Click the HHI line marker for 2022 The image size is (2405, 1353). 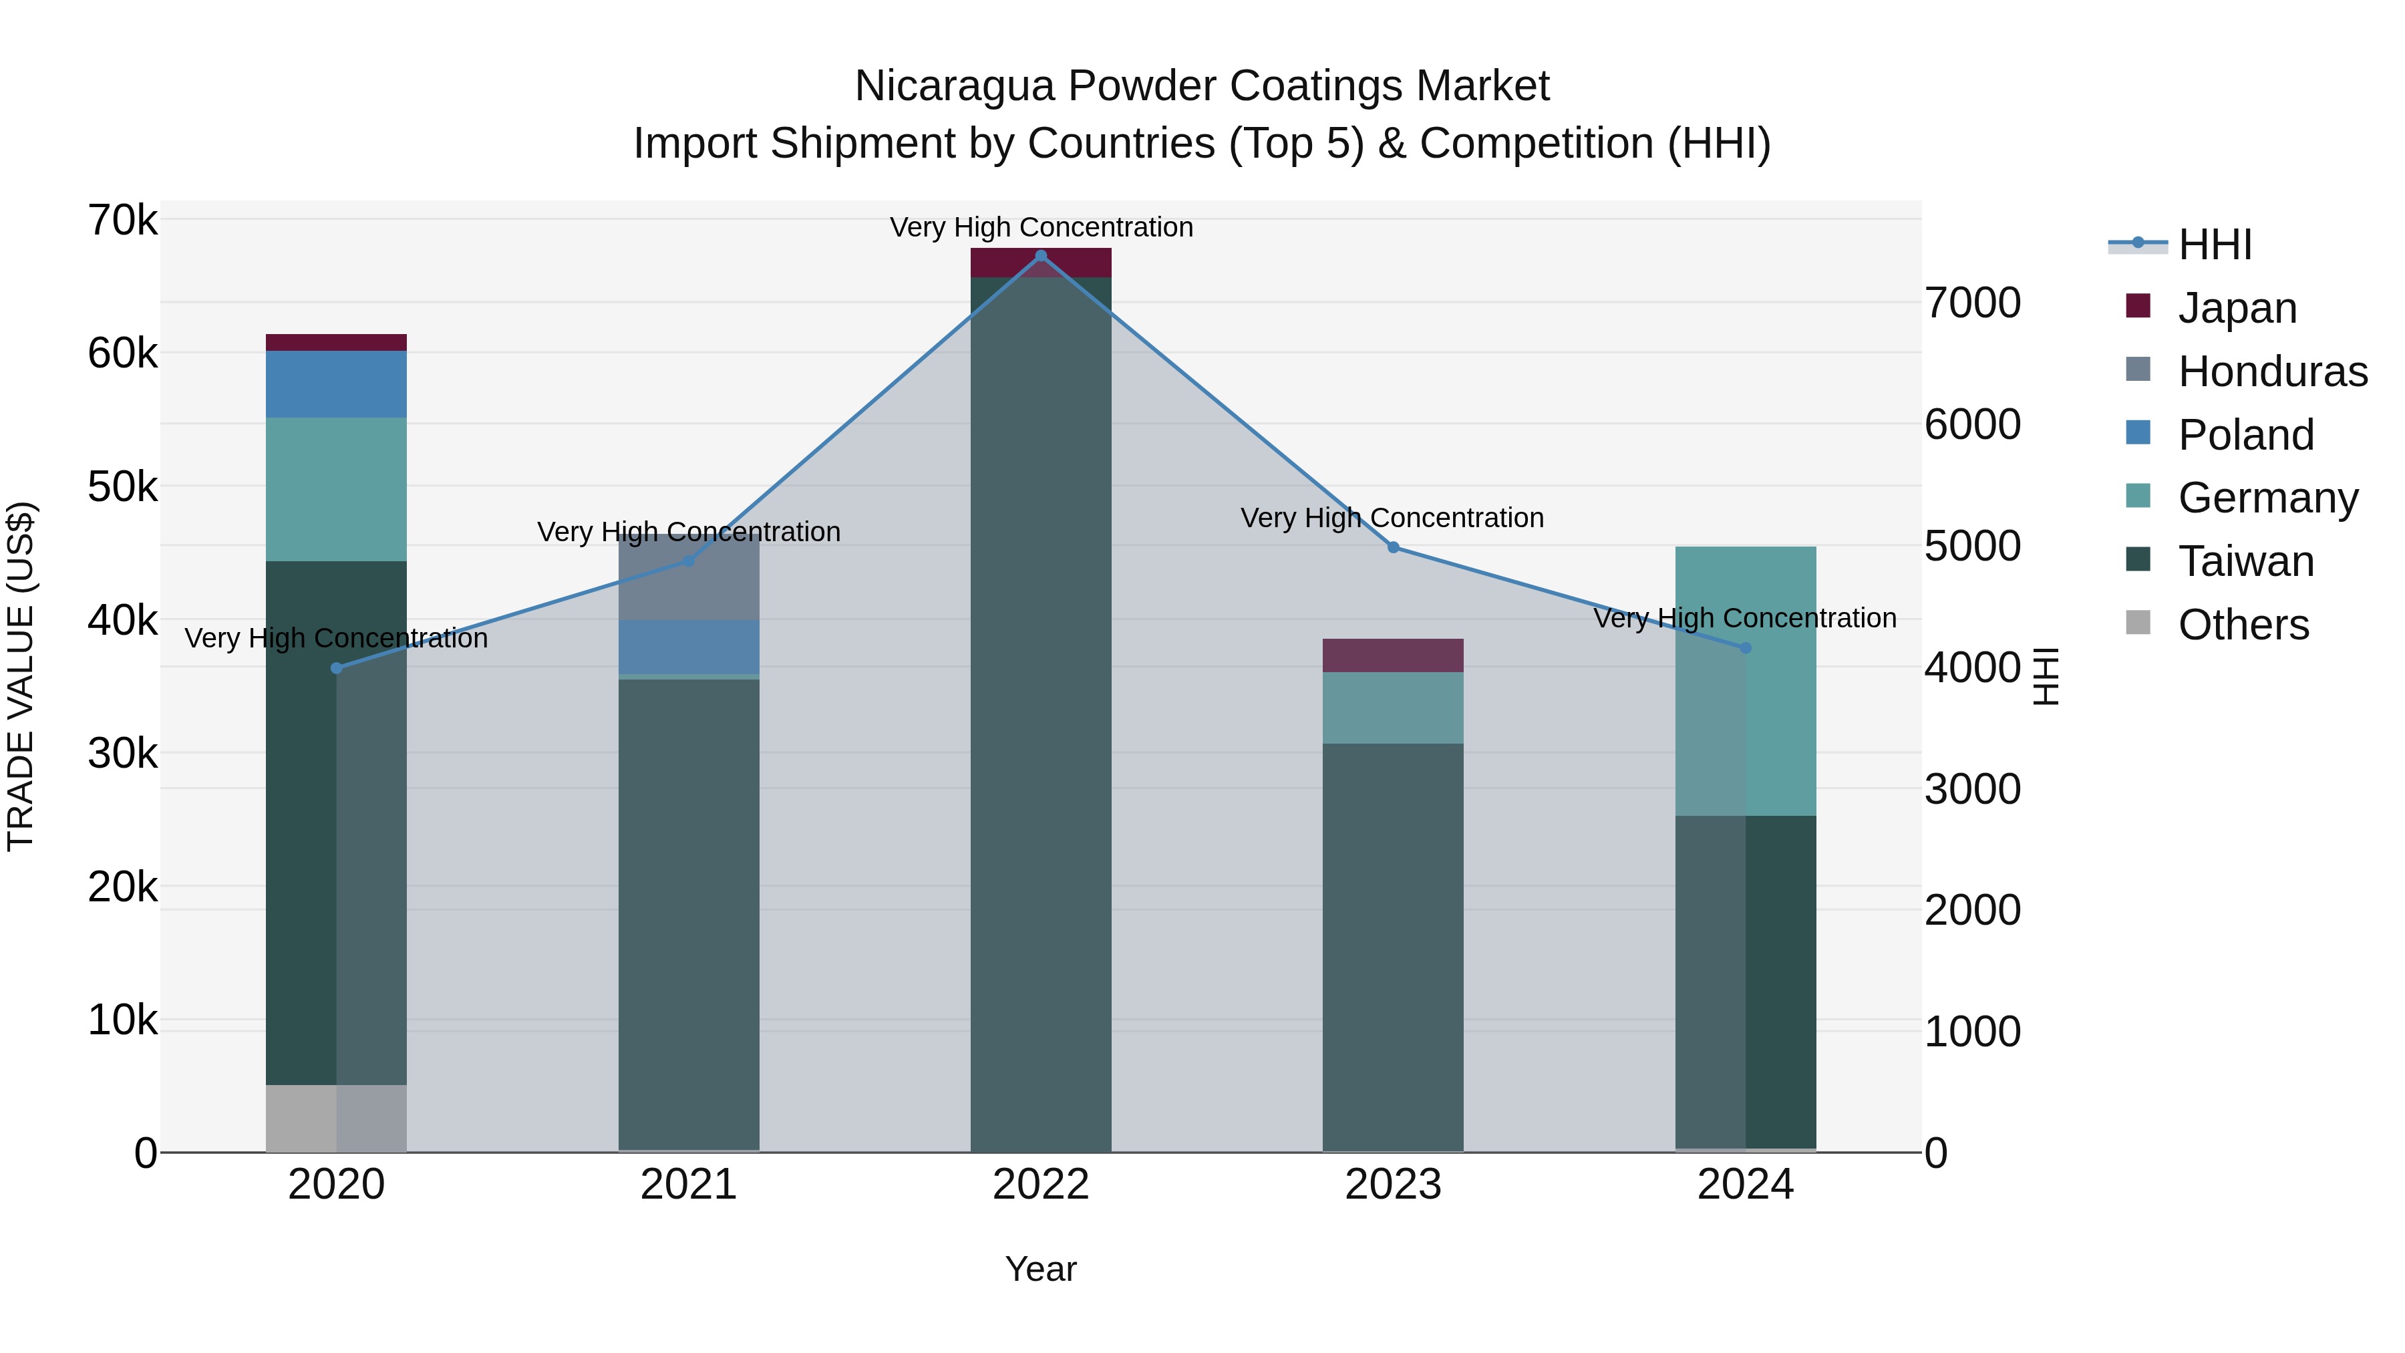[x=1041, y=255]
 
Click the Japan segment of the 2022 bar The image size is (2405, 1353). [x=1041, y=263]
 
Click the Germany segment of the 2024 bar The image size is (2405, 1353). [x=1745, y=682]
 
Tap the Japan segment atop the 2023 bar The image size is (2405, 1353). [x=1393, y=655]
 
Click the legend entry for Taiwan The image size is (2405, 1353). [x=2245, y=561]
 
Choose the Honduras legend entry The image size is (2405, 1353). [x=2271, y=371]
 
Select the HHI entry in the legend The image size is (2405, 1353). [x=2214, y=245]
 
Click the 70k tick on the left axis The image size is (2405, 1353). [x=123, y=221]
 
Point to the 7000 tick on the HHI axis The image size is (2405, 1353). [x=1972, y=303]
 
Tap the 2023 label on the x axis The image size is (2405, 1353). [x=1393, y=1185]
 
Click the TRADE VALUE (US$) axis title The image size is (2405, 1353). [x=21, y=676]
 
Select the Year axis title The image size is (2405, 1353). [x=1041, y=1269]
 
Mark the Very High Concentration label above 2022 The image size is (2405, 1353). [x=1041, y=227]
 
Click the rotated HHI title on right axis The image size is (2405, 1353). [x=2045, y=676]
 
